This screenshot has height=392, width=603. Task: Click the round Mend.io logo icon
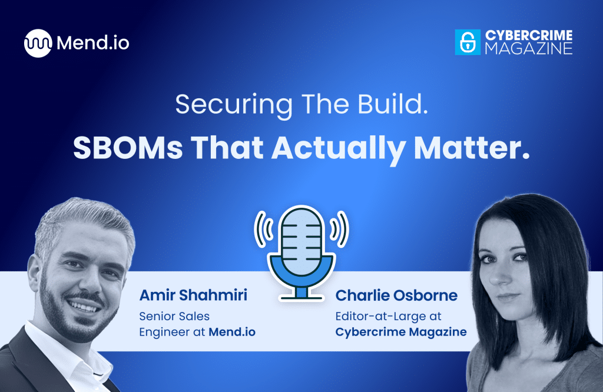[38, 43]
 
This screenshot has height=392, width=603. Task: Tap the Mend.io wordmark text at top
[93, 43]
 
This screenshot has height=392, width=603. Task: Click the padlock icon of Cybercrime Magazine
[468, 42]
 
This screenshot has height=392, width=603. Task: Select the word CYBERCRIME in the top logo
[528, 36]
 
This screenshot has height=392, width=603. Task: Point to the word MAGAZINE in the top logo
[528, 49]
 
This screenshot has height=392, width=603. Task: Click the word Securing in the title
[234, 105]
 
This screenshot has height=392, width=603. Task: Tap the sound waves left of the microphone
[262, 229]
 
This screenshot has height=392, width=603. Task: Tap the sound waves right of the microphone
[340, 229]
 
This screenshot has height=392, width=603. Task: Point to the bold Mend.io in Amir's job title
[232, 332]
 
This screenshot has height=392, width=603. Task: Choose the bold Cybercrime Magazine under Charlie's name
[400, 332]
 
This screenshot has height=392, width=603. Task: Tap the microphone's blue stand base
[301, 293]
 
